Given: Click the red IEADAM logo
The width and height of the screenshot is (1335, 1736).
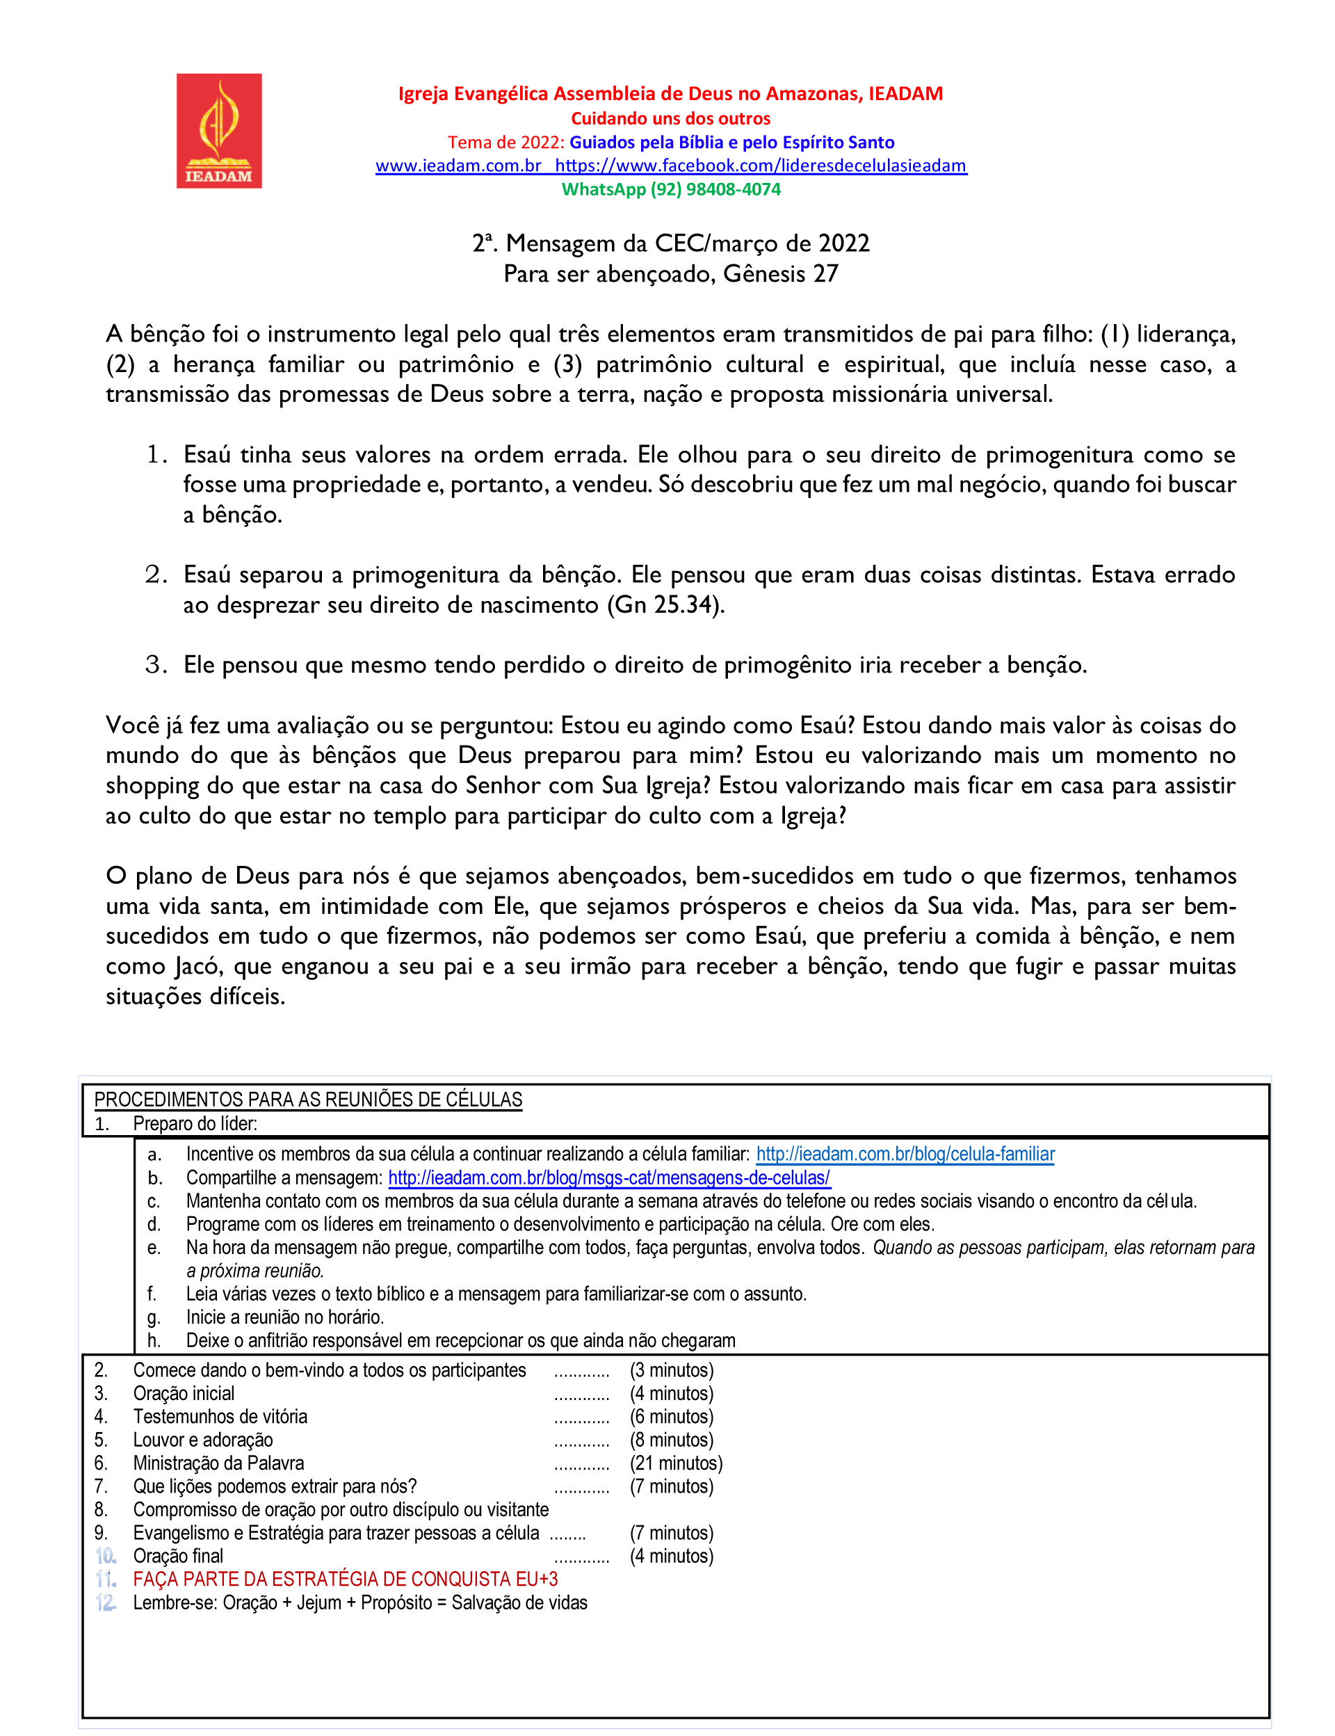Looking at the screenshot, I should point(218,131).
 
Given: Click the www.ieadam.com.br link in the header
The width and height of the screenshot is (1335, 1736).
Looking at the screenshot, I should point(458,166).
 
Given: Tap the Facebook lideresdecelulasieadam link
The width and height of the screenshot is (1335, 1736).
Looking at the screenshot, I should point(761,166).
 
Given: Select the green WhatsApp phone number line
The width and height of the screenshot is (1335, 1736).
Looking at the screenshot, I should point(671,189).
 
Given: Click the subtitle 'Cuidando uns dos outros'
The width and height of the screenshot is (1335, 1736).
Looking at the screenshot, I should point(671,118).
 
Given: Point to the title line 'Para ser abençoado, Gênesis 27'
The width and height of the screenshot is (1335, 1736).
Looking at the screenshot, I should point(671,274).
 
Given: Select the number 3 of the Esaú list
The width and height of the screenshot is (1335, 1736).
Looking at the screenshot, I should point(156,664).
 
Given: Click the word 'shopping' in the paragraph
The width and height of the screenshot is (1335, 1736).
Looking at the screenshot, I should point(152,786).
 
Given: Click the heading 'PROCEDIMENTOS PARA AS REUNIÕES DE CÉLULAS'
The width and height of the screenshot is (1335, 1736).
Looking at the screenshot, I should point(308,1100).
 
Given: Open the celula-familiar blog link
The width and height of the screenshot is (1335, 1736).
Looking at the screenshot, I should point(905,1154).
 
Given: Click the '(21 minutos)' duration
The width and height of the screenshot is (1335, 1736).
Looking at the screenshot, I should point(677,1463).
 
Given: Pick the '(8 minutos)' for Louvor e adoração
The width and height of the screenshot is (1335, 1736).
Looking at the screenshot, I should point(672,1440).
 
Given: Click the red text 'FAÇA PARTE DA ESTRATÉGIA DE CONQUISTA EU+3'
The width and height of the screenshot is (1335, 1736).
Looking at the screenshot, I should point(346,1579).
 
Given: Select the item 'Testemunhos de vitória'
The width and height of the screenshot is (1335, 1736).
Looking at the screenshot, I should point(220,1417).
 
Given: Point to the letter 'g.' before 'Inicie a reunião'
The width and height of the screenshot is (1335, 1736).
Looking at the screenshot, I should point(154,1317).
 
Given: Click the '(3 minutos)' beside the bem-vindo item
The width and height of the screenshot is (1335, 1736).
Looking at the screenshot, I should point(672,1369).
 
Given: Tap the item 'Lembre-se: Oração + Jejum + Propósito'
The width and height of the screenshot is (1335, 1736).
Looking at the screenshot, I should point(360,1602).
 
